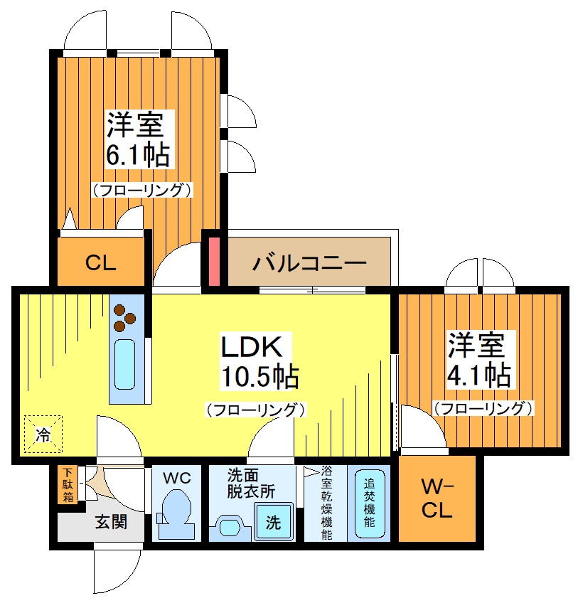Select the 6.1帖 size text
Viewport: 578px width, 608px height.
(x=138, y=154)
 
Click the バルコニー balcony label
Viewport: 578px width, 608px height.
(x=309, y=262)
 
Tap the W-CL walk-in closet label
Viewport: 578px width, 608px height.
(x=437, y=500)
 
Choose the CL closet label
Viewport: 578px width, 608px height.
(x=101, y=263)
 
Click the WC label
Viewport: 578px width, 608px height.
(x=177, y=479)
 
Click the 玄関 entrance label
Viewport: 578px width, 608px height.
(x=112, y=523)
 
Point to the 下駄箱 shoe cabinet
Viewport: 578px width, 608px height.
(x=67, y=484)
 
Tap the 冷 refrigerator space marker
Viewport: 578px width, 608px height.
(x=43, y=434)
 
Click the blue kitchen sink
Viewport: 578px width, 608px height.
(x=124, y=364)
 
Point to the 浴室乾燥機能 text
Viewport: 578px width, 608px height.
(x=326, y=501)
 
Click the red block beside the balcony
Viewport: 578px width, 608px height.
(x=214, y=261)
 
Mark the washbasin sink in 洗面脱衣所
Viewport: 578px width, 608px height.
(x=230, y=527)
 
